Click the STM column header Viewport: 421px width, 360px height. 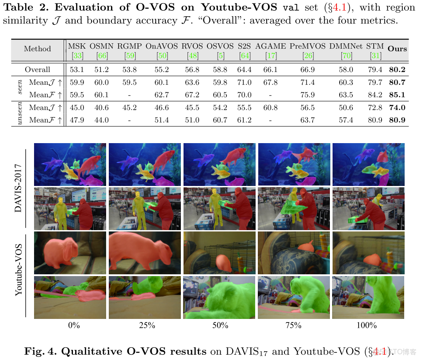375,45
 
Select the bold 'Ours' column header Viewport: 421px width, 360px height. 397,49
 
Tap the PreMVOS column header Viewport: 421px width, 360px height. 308,45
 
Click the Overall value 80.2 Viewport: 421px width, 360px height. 397,69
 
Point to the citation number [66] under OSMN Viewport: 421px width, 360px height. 102,55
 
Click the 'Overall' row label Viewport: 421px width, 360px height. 38,69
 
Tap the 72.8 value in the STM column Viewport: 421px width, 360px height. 375,107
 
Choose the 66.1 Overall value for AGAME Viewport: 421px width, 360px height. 270,69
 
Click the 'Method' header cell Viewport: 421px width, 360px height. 38,49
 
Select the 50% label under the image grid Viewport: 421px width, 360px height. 220,326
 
